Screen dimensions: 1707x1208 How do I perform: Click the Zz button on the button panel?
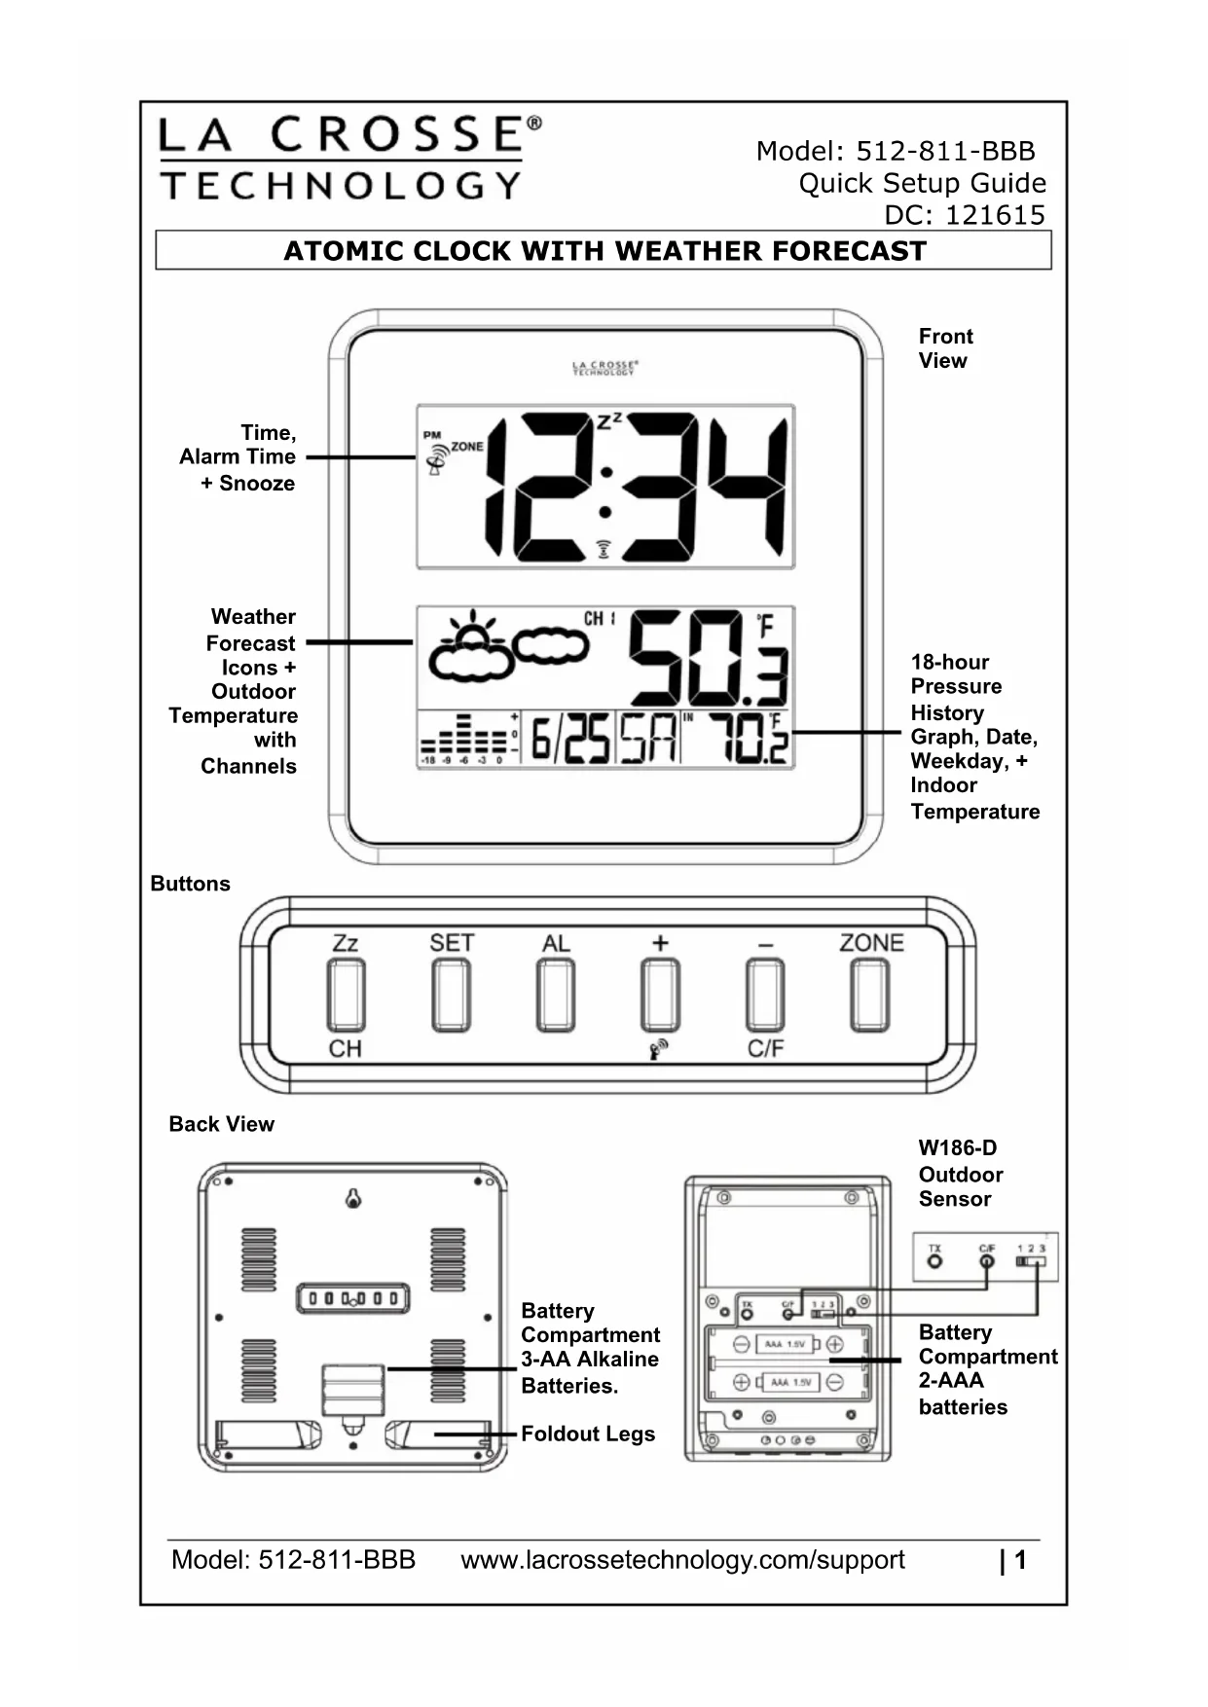point(346,994)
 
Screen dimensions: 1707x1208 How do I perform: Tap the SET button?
point(451,994)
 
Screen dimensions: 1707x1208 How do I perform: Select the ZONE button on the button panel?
point(869,994)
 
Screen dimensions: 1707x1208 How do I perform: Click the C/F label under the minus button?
point(765,1048)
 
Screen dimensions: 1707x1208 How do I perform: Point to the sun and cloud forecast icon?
point(472,649)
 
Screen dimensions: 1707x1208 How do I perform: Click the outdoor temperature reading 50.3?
point(708,658)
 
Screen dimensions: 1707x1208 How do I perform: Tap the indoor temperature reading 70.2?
point(747,740)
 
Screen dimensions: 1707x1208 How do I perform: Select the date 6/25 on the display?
point(570,741)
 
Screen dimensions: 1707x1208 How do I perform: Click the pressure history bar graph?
point(467,740)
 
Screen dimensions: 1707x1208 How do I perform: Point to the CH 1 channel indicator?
point(599,619)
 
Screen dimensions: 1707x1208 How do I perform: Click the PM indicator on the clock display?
point(431,435)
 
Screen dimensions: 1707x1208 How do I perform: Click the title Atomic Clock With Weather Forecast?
point(604,251)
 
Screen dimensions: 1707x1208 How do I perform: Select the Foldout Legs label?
point(588,1434)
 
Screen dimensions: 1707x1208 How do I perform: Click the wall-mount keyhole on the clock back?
point(353,1199)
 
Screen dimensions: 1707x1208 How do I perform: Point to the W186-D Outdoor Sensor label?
point(960,1174)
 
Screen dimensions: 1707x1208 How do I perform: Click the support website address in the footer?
point(682,1560)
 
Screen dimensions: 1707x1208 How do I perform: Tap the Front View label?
point(944,348)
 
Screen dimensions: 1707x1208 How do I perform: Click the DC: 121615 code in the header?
point(964,215)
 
